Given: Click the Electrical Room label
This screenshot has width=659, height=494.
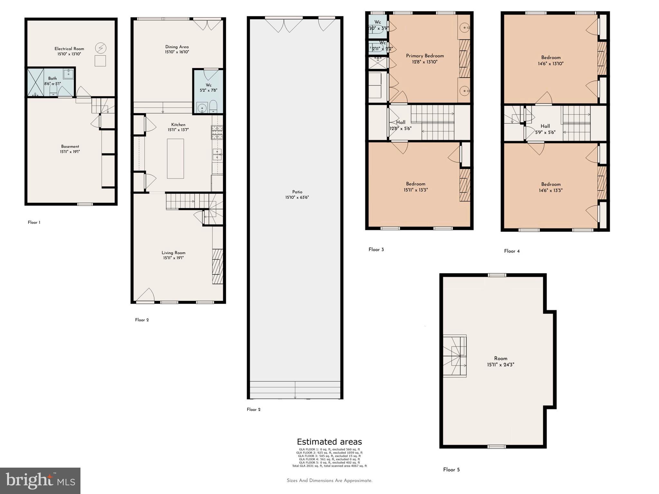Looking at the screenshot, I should (x=69, y=49).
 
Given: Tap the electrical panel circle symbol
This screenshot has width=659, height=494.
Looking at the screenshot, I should (x=100, y=48).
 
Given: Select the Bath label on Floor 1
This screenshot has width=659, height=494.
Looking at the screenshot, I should (x=52, y=78).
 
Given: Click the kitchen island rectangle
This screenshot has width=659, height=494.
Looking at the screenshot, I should (x=175, y=159).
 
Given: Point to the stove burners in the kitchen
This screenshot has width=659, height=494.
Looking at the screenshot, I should (x=217, y=132).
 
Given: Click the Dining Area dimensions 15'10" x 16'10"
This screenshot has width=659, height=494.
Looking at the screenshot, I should (x=177, y=52).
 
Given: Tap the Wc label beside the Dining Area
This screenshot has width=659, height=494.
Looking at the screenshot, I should (x=209, y=85).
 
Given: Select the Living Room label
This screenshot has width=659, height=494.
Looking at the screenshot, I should (x=173, y=253).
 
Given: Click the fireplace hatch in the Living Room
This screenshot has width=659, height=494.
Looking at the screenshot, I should (x=218, y=266).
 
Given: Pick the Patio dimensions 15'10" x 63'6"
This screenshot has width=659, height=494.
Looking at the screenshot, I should (x=297, y=197).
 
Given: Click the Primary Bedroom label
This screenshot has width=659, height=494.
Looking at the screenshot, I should (x=425, y=56).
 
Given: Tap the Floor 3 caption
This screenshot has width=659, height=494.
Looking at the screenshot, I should (x=376, y=250).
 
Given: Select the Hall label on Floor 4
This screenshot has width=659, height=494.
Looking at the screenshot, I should (x=545, y=126).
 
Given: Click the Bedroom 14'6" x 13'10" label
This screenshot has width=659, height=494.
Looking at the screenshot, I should (x=551, y=58).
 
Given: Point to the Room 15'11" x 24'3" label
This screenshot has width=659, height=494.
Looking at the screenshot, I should (x=501, y=359).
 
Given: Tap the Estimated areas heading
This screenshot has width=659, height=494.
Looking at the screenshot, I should (x=329, y=442).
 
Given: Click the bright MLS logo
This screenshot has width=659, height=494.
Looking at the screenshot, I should (x=40, y=480).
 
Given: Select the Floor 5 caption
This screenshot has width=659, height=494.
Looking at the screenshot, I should (x=451, y=470).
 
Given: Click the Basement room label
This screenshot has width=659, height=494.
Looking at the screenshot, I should (x=70, y=147).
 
